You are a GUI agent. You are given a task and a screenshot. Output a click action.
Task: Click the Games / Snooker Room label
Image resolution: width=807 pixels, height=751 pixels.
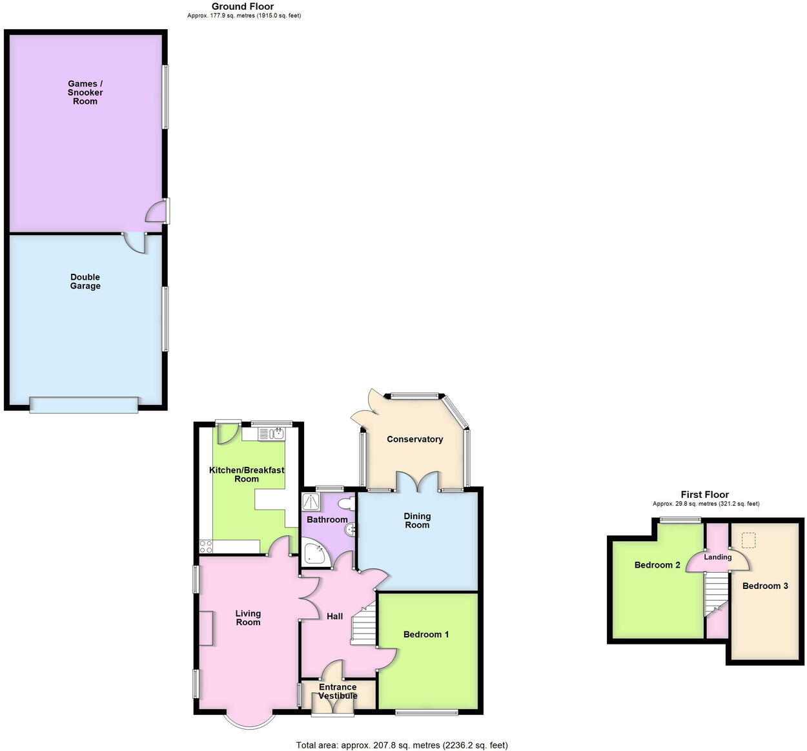(85, 92)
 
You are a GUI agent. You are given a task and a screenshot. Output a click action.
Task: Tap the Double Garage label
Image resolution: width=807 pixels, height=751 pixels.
(85, 282)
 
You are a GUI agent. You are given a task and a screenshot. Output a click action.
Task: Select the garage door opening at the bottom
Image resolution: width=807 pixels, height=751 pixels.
(84, 405)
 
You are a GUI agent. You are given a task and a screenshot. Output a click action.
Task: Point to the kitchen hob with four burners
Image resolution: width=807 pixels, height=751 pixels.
(207, 547)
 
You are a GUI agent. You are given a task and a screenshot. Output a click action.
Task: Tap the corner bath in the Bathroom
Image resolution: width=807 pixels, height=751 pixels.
(315, 554)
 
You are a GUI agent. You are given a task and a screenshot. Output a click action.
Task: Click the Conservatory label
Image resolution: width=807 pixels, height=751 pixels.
(414, 439)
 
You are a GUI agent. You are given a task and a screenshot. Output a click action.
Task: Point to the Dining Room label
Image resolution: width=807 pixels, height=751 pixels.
(417, 520)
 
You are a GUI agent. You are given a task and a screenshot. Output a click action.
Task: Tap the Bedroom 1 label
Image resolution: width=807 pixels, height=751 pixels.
(426, 635)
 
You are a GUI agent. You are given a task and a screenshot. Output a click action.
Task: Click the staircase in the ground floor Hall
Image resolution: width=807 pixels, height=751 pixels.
(363, 622)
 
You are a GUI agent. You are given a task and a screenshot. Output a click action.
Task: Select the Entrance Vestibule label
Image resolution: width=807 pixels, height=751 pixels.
(338, 692)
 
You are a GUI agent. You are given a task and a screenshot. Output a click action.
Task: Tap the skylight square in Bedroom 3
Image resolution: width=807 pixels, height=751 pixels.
(749, 539)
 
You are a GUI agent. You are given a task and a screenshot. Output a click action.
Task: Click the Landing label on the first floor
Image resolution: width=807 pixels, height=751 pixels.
(717, 557)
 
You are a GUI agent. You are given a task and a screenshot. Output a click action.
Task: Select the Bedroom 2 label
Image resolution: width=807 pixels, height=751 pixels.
(657, 565)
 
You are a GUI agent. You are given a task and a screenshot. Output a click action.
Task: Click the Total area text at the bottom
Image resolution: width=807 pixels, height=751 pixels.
(402, 745)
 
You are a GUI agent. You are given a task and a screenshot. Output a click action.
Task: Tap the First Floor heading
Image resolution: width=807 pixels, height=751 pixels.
(704, 495)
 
